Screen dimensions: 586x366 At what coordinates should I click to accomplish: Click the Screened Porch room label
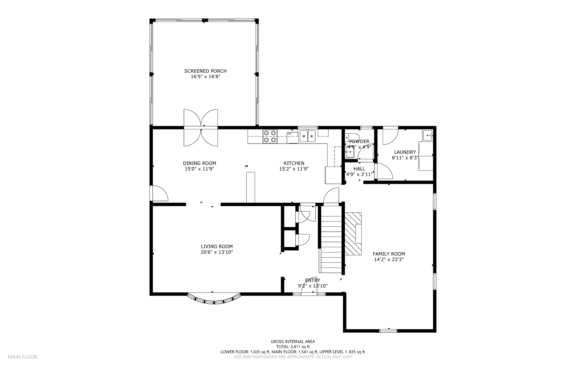[205, 71]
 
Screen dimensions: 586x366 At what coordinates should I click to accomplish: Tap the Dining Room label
[199, 163]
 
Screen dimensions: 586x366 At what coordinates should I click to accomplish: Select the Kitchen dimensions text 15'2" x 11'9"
[294, 169]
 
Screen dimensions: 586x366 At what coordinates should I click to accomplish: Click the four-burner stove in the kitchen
[270, 136]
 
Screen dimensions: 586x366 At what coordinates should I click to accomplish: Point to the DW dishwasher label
[290, 134]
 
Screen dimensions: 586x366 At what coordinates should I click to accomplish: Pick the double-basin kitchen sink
[308, 136]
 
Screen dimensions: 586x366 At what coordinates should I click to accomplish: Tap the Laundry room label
[405, 152]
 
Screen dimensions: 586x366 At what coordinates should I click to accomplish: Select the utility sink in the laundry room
[428, 135]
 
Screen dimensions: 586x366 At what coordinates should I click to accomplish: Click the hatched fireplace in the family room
[353, 234]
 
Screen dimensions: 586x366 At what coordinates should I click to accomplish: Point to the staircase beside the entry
[331, 239]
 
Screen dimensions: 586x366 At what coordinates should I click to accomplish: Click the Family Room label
[389, 254]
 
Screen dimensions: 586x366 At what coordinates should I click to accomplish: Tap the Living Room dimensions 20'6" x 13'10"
[217, 252]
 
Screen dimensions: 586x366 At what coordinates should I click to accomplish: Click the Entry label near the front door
[312, 280]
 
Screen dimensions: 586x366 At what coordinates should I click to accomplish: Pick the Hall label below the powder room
[359, 169]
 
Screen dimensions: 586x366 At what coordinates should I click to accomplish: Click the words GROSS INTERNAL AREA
[293, 341]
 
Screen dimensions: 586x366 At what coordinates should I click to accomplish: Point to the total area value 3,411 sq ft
[300, 347]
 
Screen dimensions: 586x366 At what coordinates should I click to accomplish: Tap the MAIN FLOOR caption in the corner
[22, 357]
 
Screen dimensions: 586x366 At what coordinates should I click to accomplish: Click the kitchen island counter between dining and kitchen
[251, 187]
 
